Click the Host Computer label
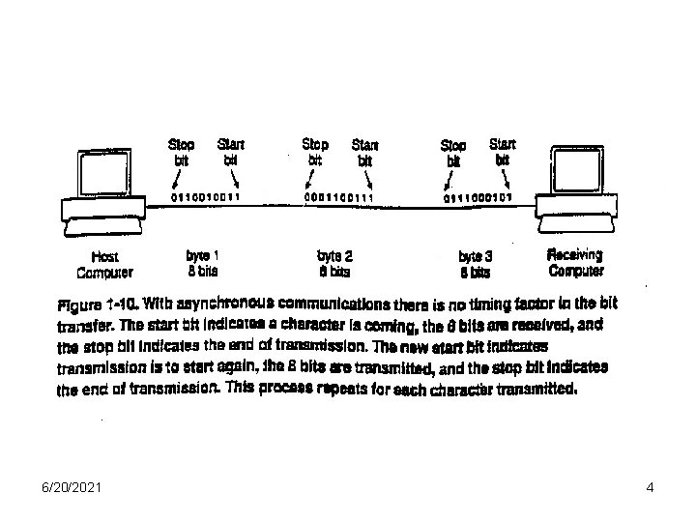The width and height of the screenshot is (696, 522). pyautogui.click(x=105, y=265)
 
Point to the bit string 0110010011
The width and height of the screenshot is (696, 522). pyautogui.click(x=206, y=197)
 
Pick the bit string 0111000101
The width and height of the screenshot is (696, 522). pyautogui.click(x=478, y=197)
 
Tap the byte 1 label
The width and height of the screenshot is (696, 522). pyautogui.click(x=202, y=263)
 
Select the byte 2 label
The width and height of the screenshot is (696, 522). pyautogui.click(x=334, y=263)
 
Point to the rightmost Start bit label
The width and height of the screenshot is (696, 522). pyautogui.click(x=503, y=152)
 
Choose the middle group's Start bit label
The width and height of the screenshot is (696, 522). pyautogui.click(x=364, y=153)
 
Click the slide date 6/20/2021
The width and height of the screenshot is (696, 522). pyautogui.click(x=51, y=488)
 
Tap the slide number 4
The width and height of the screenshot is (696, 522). pyautogui.click(x=651, y=488)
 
